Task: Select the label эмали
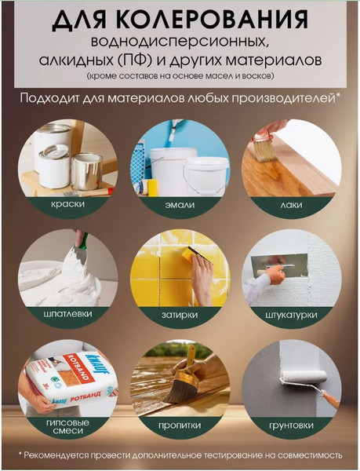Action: click(x=180, y=203)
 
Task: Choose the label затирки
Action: click(x=180, y=315)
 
